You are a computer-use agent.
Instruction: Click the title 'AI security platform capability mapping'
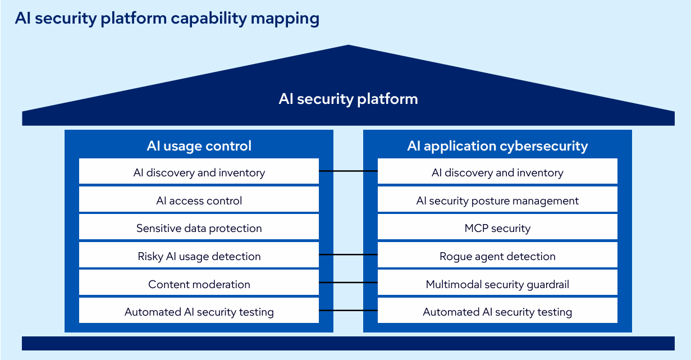(x=167, y=19)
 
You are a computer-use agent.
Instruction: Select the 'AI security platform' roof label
(x=348, y=99)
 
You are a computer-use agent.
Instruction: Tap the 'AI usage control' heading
(x=199, y=146)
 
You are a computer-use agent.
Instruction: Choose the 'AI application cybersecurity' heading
(x=497, y=146)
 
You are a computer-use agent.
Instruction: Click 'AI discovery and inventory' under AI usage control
(x=199, y=172)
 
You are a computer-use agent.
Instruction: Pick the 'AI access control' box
(x=199, y=200)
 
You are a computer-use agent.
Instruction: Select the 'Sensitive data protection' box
(x=199, y=228)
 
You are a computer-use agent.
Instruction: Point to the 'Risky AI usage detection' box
(x=199, y=256)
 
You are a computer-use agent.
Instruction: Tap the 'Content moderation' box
(x=199, y=284)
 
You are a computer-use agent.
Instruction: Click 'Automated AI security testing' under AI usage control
(x=199, y=312)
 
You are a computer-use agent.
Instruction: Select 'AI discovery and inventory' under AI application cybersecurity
(x=497, y=172)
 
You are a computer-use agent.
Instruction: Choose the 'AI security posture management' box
(x=497, y=200)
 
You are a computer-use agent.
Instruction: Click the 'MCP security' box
(x=497, y=228)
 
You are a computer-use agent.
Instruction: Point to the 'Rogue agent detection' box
(x=497, y=256)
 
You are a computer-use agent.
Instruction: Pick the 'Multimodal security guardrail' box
(x=497, y=284)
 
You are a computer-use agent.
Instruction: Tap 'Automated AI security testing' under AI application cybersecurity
(x=497, y=312)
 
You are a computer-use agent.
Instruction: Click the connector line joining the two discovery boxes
(x=348, y=170)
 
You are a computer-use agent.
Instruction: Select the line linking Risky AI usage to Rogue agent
(x=348, y=254)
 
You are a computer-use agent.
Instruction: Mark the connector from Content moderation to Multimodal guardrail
(x=348, y=282)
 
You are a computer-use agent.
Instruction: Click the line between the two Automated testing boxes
(x=348, y=310)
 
